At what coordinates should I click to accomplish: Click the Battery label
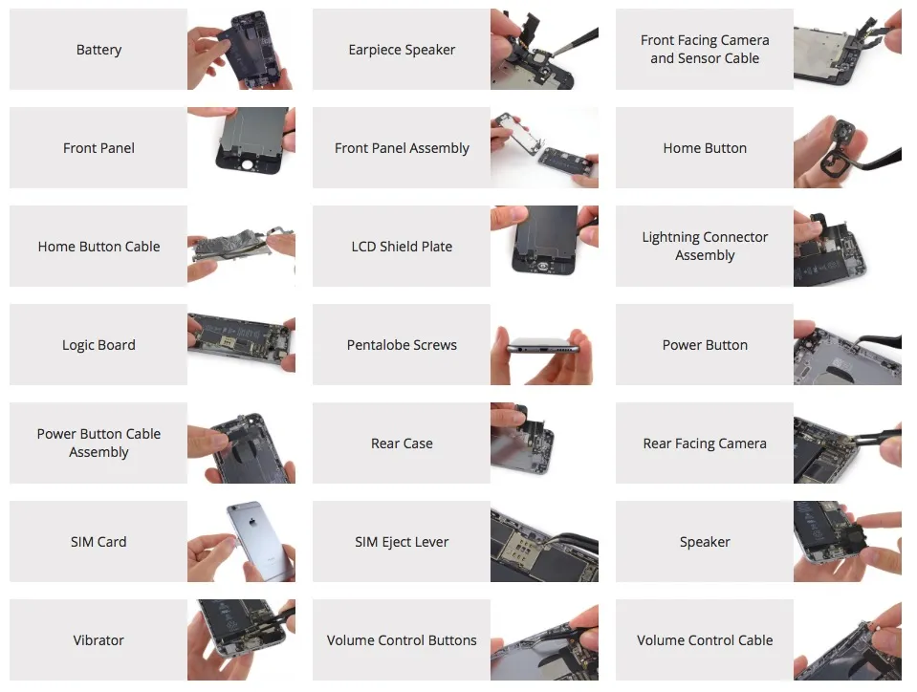(x=98, y=50)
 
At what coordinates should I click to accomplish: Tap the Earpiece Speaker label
(x=402, y=50)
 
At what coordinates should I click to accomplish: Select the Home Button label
(x=705, y=148)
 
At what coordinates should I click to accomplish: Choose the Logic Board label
(x=98, y=345)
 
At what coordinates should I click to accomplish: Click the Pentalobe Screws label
(x=402, y=345)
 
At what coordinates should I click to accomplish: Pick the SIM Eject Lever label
(x=402, y=542)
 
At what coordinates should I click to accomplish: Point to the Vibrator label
(x=98, y=640)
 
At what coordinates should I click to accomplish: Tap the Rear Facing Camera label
(x=705, y=443)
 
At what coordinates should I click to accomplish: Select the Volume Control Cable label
(x=705, y=640)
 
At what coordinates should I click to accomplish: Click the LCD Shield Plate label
(x=402, y=247)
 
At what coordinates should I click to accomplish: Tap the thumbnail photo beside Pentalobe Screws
(x=544, y=345)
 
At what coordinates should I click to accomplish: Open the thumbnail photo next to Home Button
(x=847, y=148)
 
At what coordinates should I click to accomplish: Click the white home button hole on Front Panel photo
(x=248, y=165)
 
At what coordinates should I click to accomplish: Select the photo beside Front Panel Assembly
(x=544, y=148)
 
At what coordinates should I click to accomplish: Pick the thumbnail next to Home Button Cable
(x=241, y=247)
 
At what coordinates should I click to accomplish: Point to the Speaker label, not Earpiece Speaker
(x=705, y=542)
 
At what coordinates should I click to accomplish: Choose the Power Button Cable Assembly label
(x=98, y=443)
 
